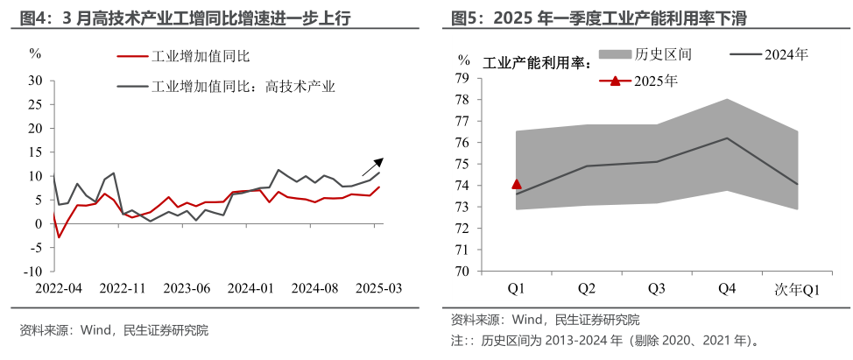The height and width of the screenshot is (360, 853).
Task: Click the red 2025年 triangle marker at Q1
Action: (517, 184)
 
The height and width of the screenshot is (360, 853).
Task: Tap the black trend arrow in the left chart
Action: (373, 166)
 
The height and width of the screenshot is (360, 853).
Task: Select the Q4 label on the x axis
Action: (725, 288)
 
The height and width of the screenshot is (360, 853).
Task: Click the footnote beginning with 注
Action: (604, 340)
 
